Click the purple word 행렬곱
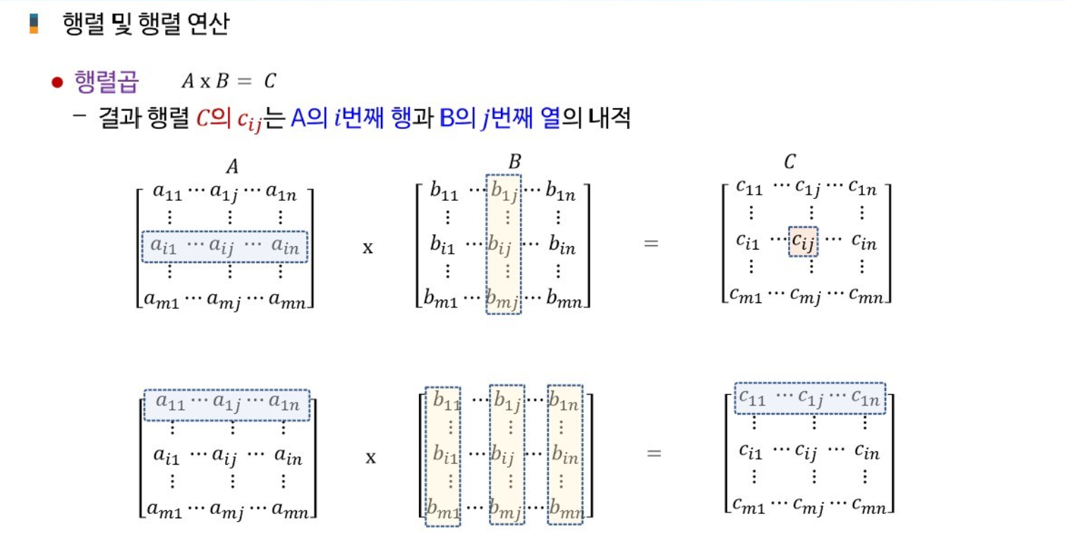point(107,82)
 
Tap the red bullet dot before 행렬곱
point(58,82)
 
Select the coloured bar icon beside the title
point(33,24)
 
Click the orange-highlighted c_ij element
point(803,243)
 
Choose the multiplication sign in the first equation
point(368,248)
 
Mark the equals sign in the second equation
point(654,453)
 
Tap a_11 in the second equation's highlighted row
point(169,404)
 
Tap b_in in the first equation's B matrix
point(561,246)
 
